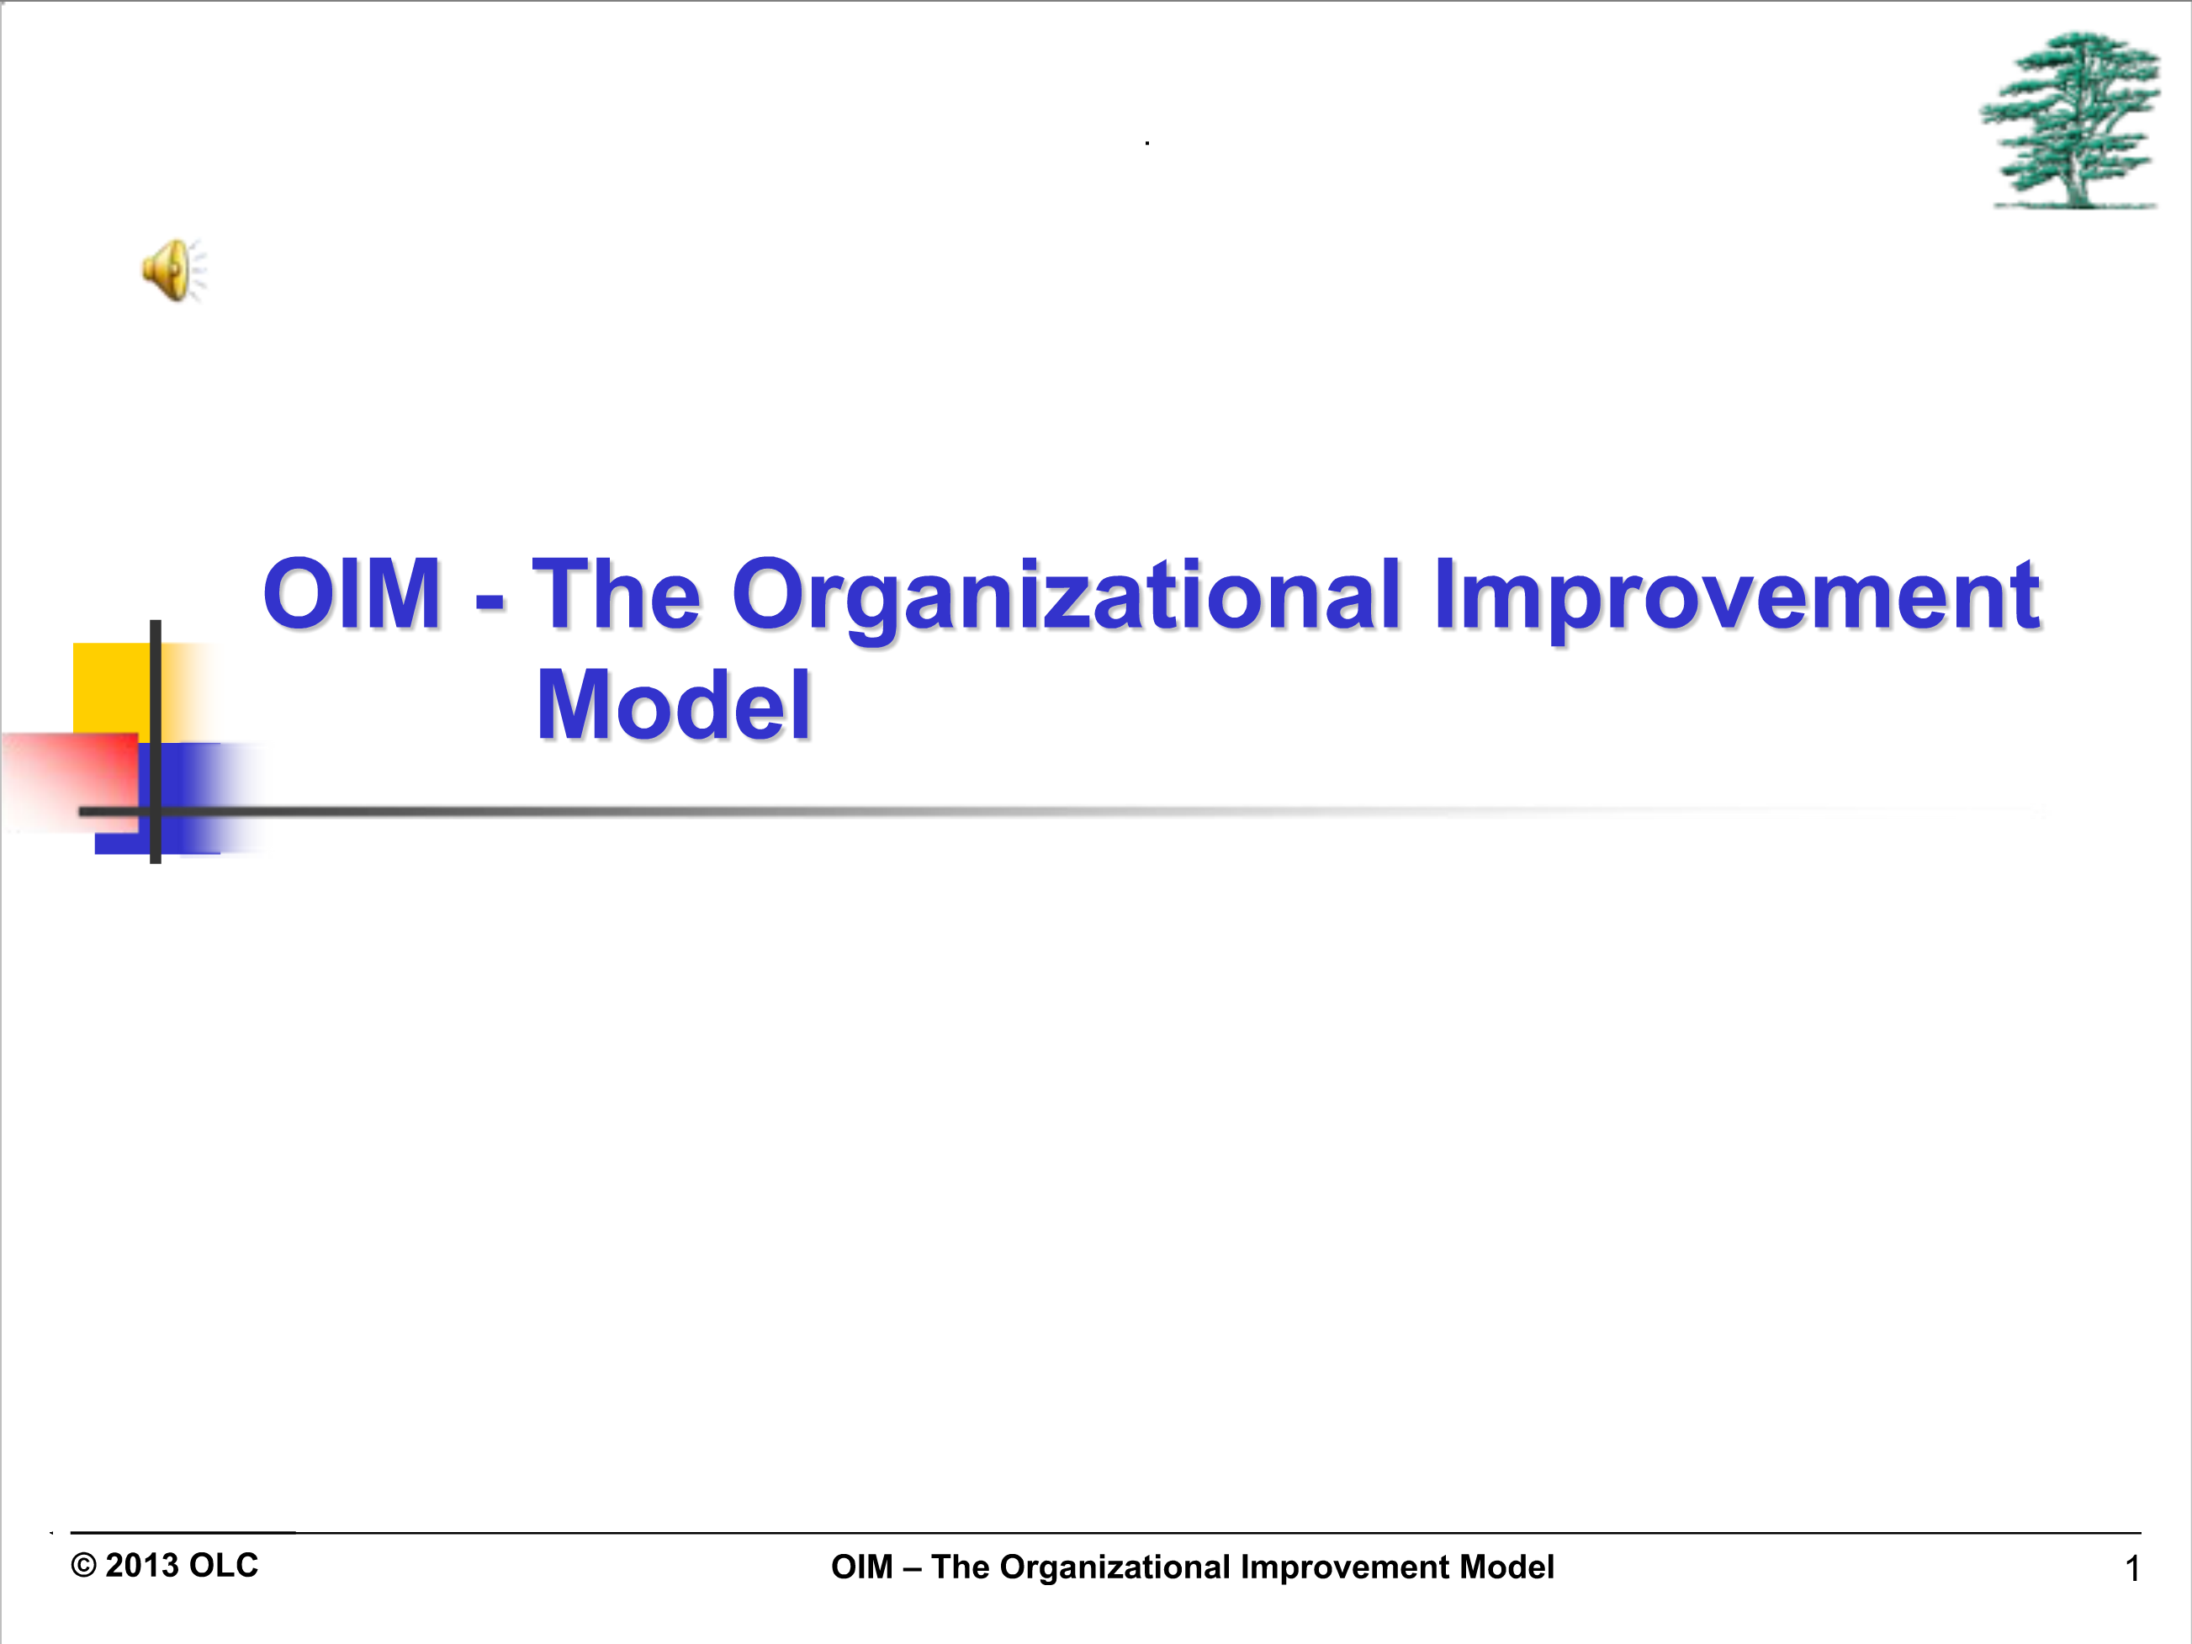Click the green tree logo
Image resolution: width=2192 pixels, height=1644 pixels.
point(2070,120)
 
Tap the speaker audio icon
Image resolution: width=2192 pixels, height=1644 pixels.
point(173,269)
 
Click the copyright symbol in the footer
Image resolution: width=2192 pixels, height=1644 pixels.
point(83,1566)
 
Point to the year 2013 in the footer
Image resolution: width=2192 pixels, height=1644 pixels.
point(141,1566)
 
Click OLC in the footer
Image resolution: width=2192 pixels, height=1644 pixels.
point(223,1566)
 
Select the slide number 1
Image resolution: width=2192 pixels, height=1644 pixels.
point(2132,1568)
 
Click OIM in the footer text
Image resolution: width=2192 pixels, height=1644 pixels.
point(862,1567)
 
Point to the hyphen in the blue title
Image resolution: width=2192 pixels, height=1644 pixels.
point(490,601)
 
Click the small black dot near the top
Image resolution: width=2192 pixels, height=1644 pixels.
point(1147,144)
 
